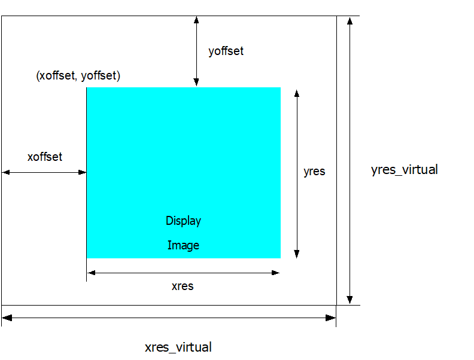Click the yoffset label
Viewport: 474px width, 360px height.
[x=226, y=51]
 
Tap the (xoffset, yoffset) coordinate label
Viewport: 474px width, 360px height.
[x=78, y=76]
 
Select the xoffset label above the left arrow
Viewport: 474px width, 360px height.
[x=45, y=157]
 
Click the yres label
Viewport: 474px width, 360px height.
[x=314, y=171]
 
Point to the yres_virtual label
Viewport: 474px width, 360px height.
[x=405, y=169]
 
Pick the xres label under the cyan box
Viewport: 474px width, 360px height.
[x=183, y=286]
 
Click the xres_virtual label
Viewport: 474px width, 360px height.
[x=178, y=347]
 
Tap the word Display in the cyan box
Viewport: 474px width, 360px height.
[x=183, y=221]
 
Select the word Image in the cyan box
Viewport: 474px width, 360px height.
[x=183, y=245]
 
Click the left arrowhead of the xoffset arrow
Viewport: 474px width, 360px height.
[x=6, y=172]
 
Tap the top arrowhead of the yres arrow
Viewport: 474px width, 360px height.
[x=296, y=93]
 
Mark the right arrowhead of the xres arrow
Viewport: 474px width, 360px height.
[x=275, y=273]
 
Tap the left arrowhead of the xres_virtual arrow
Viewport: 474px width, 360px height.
[x=7, y=318]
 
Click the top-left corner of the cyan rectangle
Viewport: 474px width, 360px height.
[x=87, y=88]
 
